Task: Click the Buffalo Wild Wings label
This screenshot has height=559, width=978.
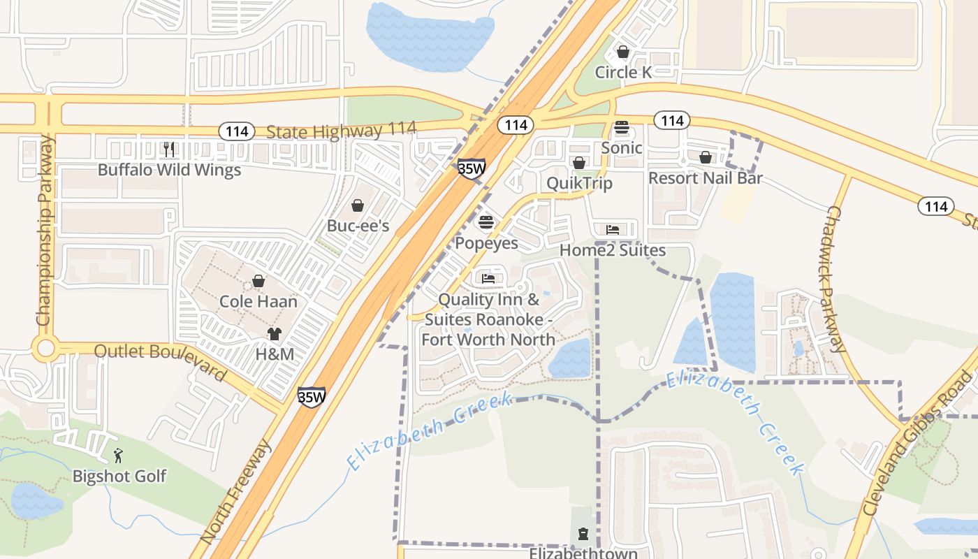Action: [169, 170]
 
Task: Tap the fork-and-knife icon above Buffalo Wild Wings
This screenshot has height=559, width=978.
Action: [168, 149]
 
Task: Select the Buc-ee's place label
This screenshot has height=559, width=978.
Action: [358, 226]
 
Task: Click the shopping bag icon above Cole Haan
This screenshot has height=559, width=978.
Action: [258, 281]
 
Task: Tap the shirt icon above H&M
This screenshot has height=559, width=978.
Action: [275, 334]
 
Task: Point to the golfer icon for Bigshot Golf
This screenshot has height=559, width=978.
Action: [118, 456]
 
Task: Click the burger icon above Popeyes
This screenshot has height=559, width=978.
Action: [486, 223]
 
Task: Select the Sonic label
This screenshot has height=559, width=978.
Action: [622, 147]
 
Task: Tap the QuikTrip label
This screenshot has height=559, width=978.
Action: [579, 183]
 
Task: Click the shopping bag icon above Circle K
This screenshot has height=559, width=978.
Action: [623, 52]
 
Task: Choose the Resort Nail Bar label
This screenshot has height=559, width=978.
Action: [705, 177]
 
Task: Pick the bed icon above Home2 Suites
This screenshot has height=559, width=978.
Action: [613, 229]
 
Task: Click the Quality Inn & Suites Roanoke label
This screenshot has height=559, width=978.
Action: [488, 319]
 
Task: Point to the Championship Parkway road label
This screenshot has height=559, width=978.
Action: [45, 231]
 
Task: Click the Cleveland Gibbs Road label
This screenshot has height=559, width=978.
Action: [918, 444]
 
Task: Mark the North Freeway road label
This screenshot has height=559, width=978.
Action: [235, 492]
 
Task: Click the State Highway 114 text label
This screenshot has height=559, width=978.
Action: [341, 130]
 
